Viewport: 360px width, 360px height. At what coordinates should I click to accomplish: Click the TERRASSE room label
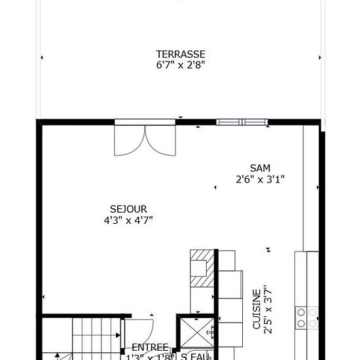(x=181, y=54)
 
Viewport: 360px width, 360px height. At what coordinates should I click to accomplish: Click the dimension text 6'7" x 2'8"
(x=181, y=65)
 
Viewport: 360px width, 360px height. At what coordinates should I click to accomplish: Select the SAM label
(x=260, y=168)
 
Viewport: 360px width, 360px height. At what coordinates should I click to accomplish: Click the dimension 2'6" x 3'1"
(x=260, y=179)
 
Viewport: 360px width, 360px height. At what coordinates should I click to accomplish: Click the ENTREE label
(x=151, y=347)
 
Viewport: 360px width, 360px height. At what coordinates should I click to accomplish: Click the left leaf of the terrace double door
(x=130, y=139)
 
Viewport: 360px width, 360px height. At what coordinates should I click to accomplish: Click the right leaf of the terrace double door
(x=160, y=139)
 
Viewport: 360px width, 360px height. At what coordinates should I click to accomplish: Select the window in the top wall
(x=242, y=122)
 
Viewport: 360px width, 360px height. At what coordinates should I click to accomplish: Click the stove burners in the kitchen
(x=306, y=317)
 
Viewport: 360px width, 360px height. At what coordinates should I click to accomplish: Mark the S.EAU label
(x=194, y=357)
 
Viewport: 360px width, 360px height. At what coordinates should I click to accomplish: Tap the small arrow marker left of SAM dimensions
(x=215, y=188)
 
